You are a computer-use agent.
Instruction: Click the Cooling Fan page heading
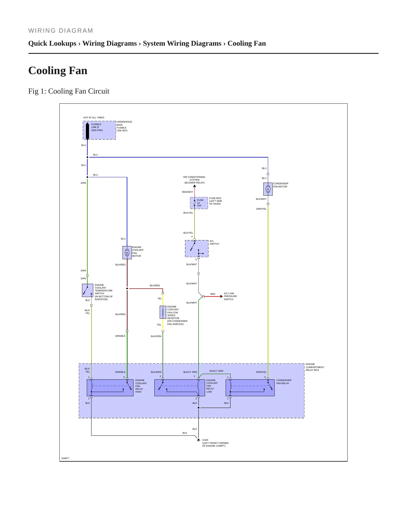point(58,70)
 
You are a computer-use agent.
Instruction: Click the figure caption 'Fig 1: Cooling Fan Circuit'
point(69,91)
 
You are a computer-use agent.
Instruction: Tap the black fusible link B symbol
point(87,131)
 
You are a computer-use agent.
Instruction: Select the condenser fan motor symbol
point(268,189)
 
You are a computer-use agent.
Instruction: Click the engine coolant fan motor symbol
point(127,253)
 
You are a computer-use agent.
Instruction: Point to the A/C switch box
point(197,249)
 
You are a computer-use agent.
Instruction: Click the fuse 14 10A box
point(199,203)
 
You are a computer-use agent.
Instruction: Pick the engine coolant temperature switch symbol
point(88,290)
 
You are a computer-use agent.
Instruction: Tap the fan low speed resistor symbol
point(163,312)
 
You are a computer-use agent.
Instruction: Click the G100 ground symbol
point(199,440)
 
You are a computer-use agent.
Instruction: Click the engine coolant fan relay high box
point(110,388)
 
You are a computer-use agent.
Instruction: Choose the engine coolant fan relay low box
point(179,388)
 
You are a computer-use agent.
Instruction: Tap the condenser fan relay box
point(250,388)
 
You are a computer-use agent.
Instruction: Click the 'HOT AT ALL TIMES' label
point(94,118)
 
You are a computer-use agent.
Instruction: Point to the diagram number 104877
point(65,458)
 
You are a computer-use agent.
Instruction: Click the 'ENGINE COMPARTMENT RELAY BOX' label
point(315,367)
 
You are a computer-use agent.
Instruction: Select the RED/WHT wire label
point(188,192)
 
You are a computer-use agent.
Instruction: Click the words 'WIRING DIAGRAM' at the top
point(61,31)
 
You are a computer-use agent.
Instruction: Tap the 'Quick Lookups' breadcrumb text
point(52,43)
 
